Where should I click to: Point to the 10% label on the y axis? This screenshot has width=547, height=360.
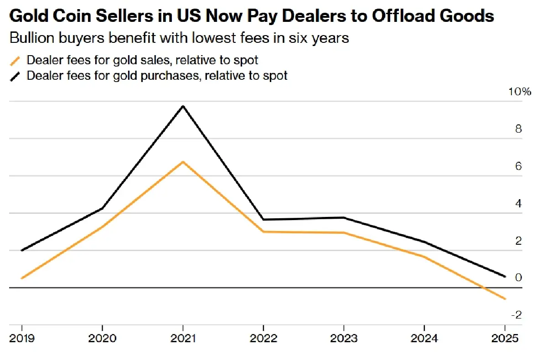(x=520, y=92)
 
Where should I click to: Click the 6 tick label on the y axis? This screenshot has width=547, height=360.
(x=518, y=166)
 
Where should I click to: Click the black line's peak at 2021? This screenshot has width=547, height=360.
(x=183, y=106)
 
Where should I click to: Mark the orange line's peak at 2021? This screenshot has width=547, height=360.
(x=183, y=162)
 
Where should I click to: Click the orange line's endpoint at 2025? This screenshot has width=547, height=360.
(x=505, y=299)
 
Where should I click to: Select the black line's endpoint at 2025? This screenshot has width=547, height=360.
(x=505, y=276)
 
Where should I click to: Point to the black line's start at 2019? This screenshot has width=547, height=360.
(x=22, y=250)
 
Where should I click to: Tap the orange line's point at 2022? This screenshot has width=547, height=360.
(x=263, y=231)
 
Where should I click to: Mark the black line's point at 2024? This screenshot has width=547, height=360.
(x=424, y=242)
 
